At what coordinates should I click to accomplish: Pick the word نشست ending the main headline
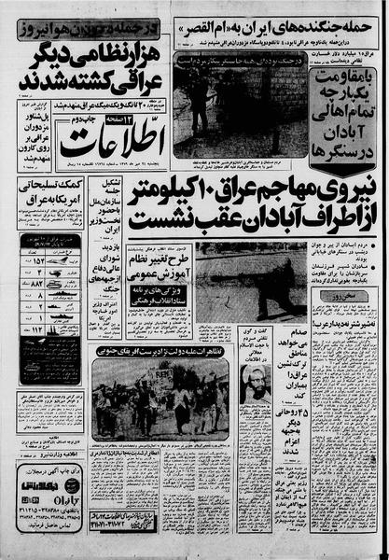click(169, 222)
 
